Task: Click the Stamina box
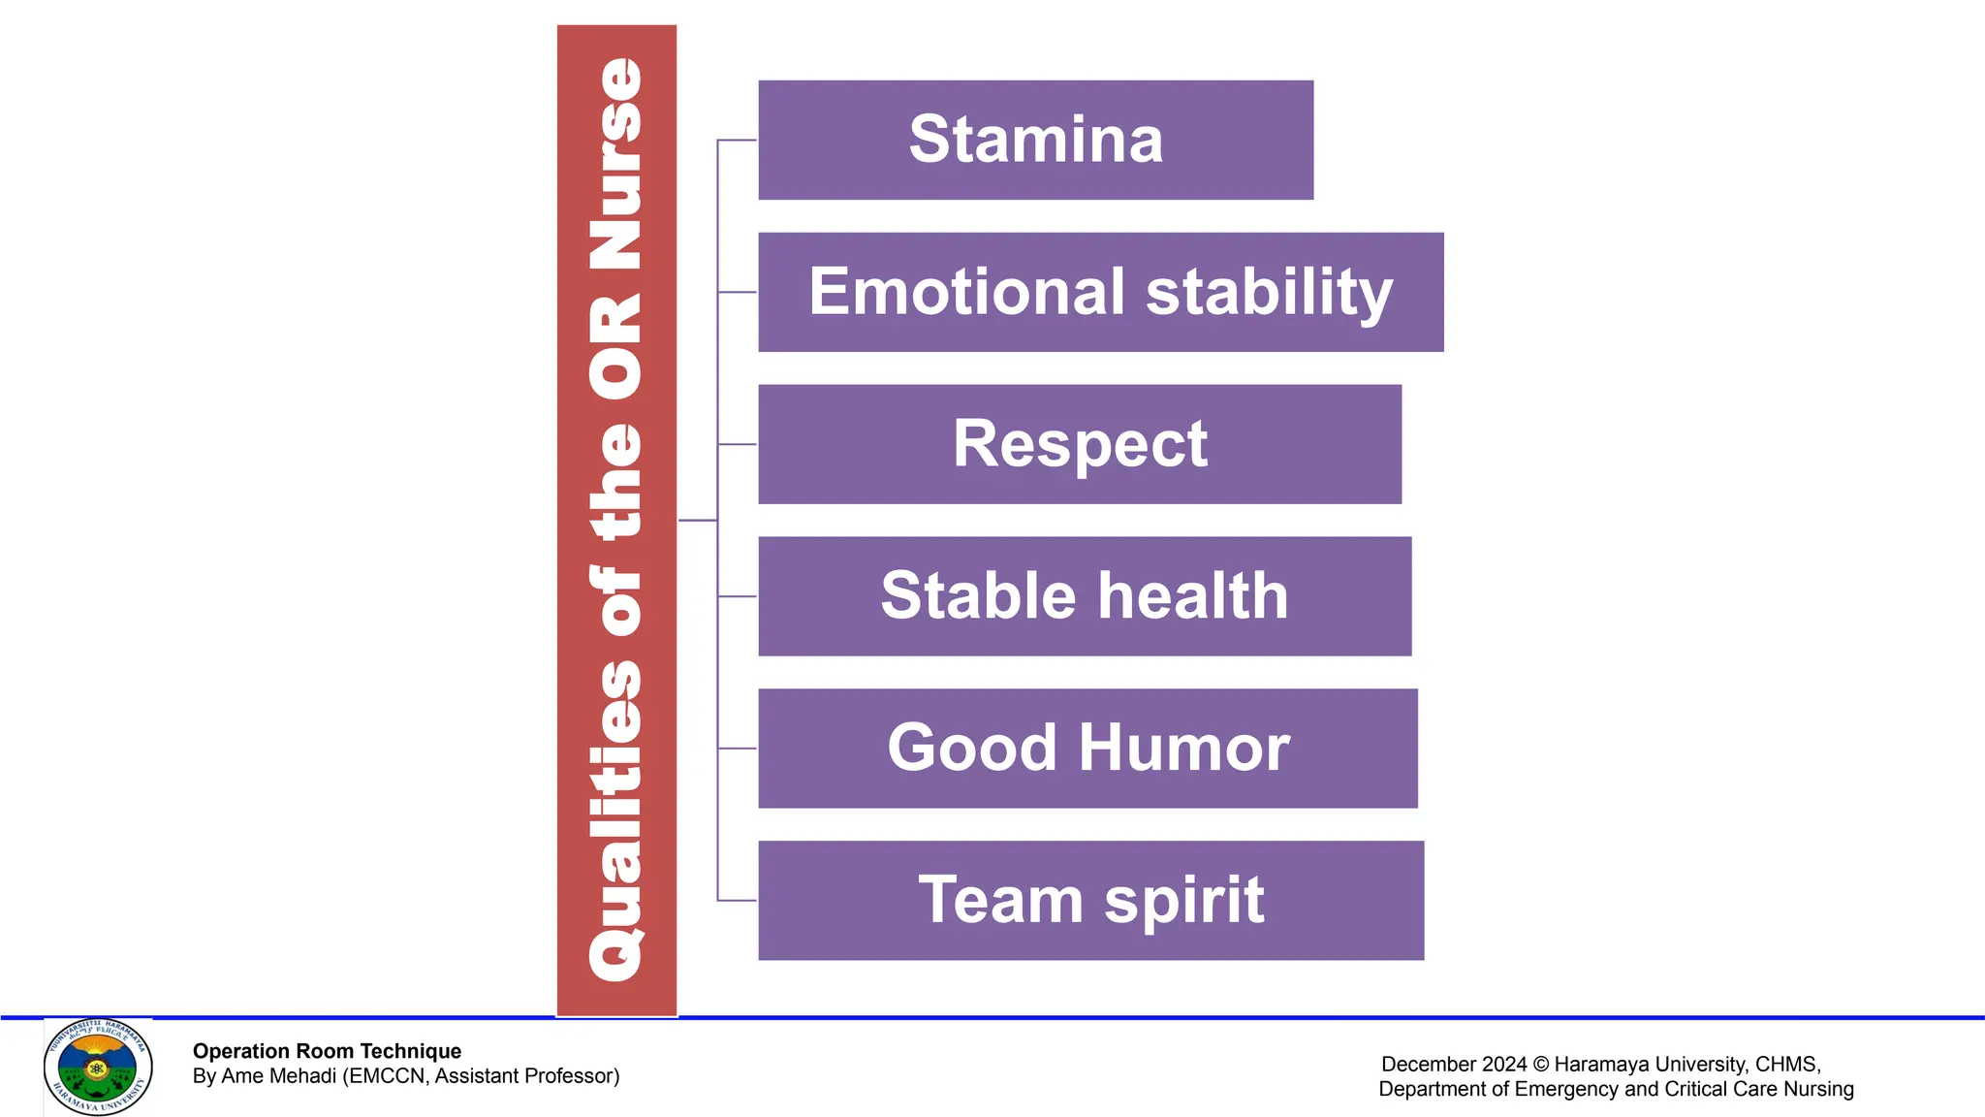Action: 1035,140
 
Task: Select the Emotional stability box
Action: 1100,292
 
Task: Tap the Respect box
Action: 1079,444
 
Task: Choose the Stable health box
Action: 1084,596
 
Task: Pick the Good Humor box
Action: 1087,749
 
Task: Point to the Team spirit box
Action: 1090,901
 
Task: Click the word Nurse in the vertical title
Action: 616,165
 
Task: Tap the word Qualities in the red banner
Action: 616,820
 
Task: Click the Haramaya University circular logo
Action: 98,1068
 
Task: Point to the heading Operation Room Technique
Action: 327,1051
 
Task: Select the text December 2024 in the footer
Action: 1454,1065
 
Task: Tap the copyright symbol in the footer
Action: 1540,1065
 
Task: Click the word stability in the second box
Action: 1269,292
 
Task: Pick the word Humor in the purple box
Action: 1183,749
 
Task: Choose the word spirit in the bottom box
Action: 1183,901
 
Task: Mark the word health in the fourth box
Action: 1193,596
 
